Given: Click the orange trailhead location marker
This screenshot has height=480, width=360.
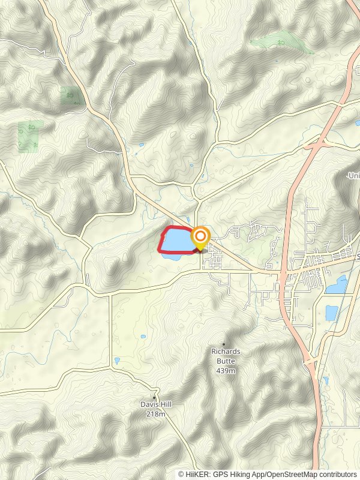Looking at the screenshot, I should [x=200, y=238].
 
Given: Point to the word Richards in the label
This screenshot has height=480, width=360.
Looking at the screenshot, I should [x=225, y=351].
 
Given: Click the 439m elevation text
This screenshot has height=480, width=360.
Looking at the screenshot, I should [x=225, y=370].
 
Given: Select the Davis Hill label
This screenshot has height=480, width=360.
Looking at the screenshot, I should [x=155, y=404].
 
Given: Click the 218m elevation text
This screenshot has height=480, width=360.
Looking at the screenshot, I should [x=155, y=414].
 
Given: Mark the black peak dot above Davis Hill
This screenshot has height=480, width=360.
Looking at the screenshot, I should [x=155, y=397].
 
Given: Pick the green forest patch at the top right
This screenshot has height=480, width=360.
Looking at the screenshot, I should [x=282, y=43].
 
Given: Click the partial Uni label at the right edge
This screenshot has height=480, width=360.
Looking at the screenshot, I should [x=354, y=175].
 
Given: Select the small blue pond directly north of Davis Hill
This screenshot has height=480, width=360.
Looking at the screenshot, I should [x=117, y=361].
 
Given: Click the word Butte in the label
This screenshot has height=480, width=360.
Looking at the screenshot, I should [x=225, y=361].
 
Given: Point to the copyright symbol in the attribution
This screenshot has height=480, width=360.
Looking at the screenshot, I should [x=182, y=474].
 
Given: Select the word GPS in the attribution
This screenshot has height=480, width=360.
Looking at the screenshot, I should [x=221, y=474].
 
